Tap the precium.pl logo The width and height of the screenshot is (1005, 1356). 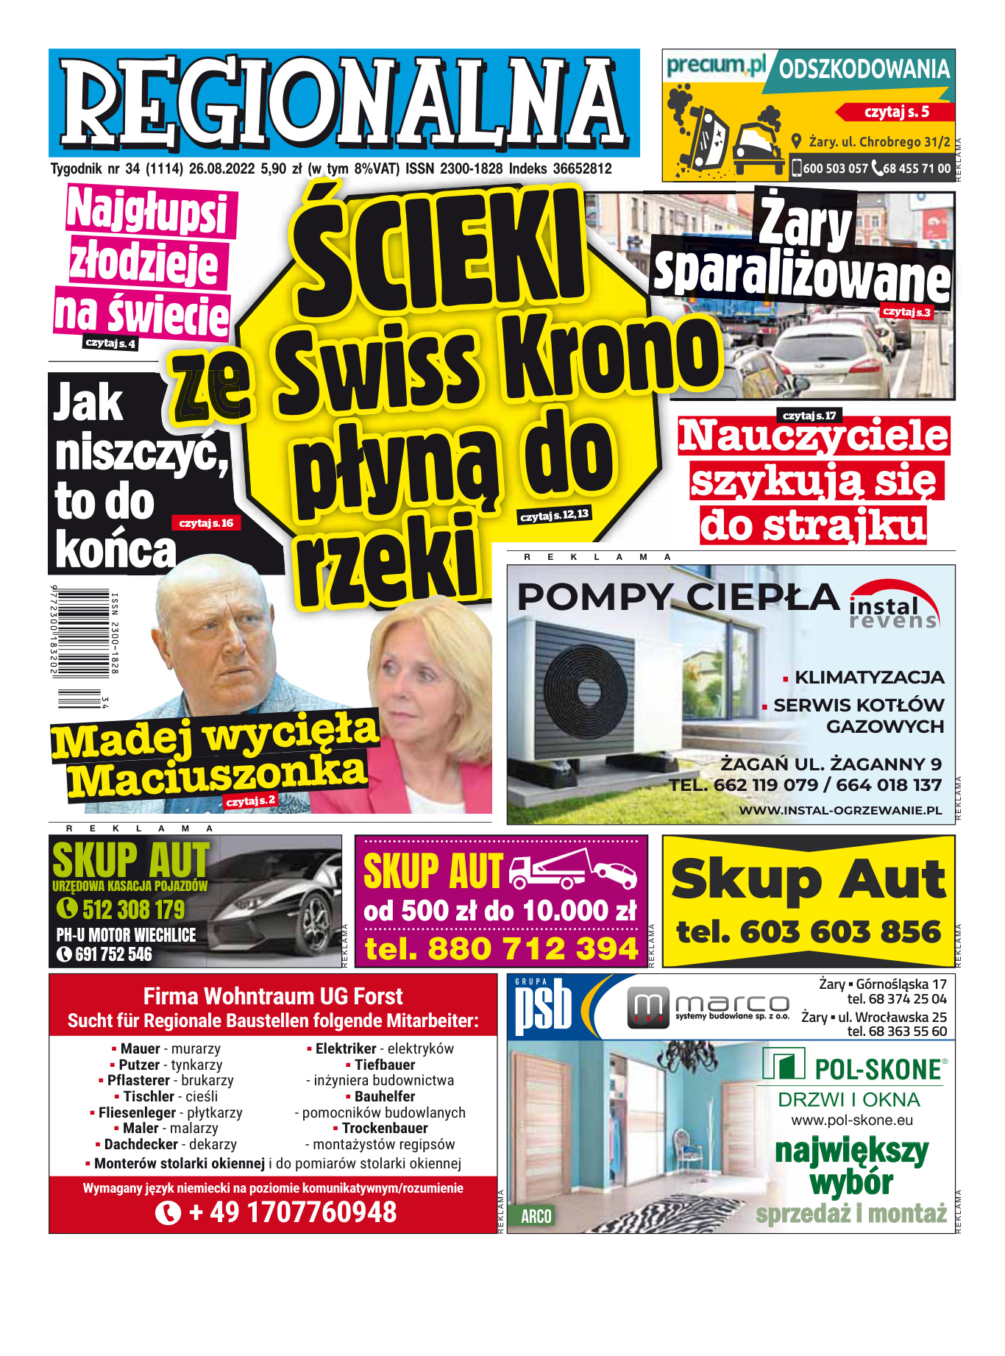point(716,66)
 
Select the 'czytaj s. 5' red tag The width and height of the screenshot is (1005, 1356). point(896,112)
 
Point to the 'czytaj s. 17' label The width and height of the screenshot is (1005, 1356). point(809,416)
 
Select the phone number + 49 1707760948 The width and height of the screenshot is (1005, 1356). point(292,1213)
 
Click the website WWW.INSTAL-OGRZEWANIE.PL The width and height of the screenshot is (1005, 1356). point(840,810)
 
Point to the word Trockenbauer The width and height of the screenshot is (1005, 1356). point(385,1129)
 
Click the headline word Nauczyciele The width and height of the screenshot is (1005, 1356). point(813,436)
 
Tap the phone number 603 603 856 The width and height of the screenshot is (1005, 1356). point(840,932)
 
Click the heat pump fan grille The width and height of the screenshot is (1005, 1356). point(586,689)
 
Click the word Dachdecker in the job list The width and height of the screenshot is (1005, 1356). point(141,1145)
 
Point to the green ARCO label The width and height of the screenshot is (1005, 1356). point(536,1216)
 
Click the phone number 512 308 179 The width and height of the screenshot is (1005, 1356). point(133,910)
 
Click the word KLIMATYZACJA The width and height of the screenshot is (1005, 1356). point(869,677)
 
